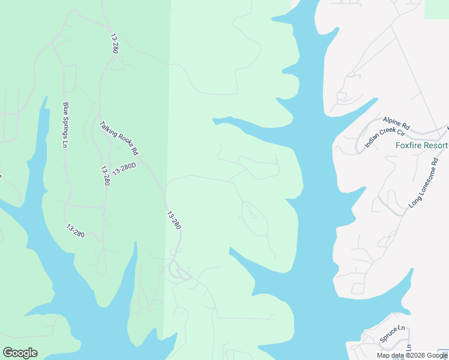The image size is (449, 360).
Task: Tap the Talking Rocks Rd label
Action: pos(119,138)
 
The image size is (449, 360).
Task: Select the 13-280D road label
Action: pos(124,169)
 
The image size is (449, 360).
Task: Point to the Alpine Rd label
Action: pos(396,123)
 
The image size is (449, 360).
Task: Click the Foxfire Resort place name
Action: pos(421,146)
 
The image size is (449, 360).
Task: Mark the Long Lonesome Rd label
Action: pos(424,183)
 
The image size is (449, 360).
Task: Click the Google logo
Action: pos(20,353)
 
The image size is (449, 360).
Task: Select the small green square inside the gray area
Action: pos(436,8)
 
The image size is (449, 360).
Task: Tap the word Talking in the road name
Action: pos(110,130)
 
